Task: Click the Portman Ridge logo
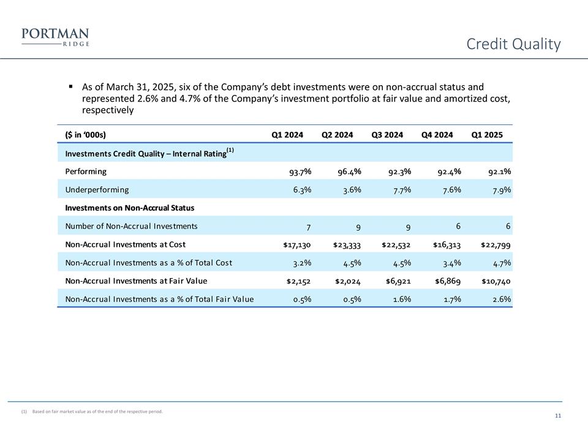55,37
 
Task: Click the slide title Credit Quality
513,44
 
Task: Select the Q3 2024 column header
387,135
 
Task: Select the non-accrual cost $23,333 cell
347,244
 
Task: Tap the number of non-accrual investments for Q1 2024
307,226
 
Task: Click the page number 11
558,417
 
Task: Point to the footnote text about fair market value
97,412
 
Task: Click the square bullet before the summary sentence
72,87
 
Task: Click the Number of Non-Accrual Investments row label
131,226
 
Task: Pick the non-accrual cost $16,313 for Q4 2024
447,244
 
